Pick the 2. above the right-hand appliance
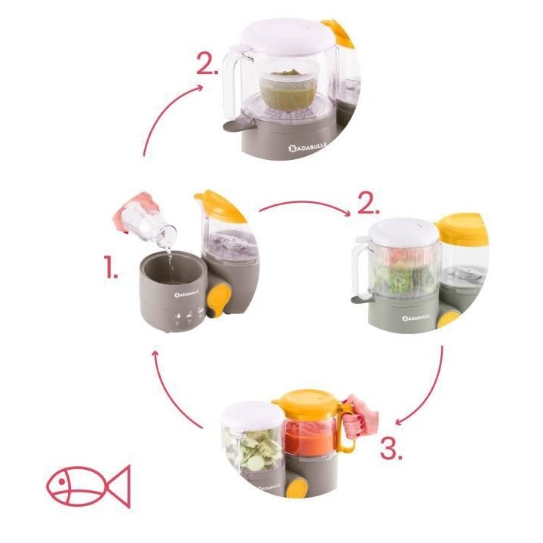(x=367, y=204)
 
